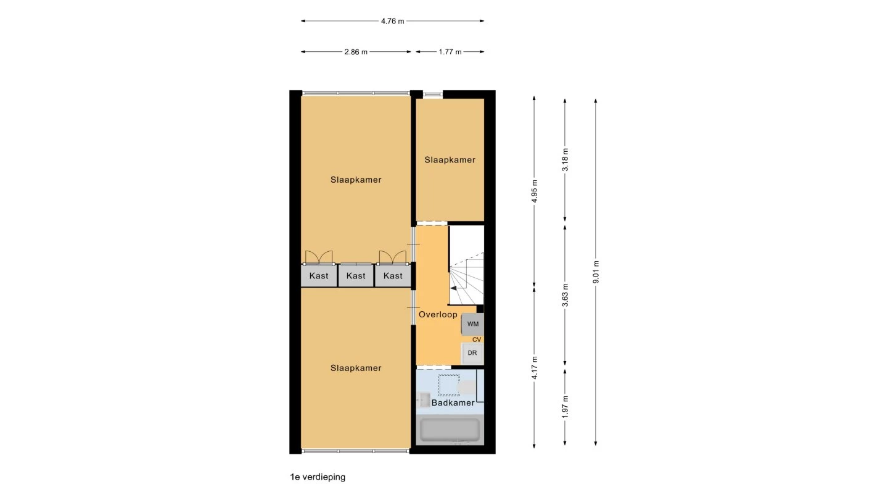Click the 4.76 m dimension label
pyautogui.click(x=392, y=22)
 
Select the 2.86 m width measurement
pyautogui.click(x=356, y=52)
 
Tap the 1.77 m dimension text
pyautogui.click(x=450, y=52)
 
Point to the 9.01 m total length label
pyautogui.click(x=596, y=272)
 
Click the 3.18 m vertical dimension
pyautogui.click(x=565, y=159)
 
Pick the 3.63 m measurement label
pyautogui.click(x=565, y=295)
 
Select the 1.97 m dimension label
pyautogui.click(x=565, y=407)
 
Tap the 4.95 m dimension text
pyautogui.click(x=535, y=191)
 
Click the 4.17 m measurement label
pyautogui.click(x=535, y=368)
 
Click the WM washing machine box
pyautogui.click(x=472, y=324)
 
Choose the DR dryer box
pyautogui.click(x=472, y=353)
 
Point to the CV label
pyautogui.click(x=477, y=340)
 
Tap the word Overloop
pyautogui.click(x=438, y=315)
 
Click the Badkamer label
pyautogui.click(x=453, y=402)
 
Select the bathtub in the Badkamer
pyautogui.click(x=450, y=430)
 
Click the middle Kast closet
pyautogui.click(x=356, y=276)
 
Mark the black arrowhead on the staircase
pyautogui.click(x=453, y=288)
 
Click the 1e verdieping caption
pyautogui.click(x=318, y=477)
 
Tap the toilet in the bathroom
pyautogui.click(x=467, y=387)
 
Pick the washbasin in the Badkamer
pyautogui.click(x=424, y=399)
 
